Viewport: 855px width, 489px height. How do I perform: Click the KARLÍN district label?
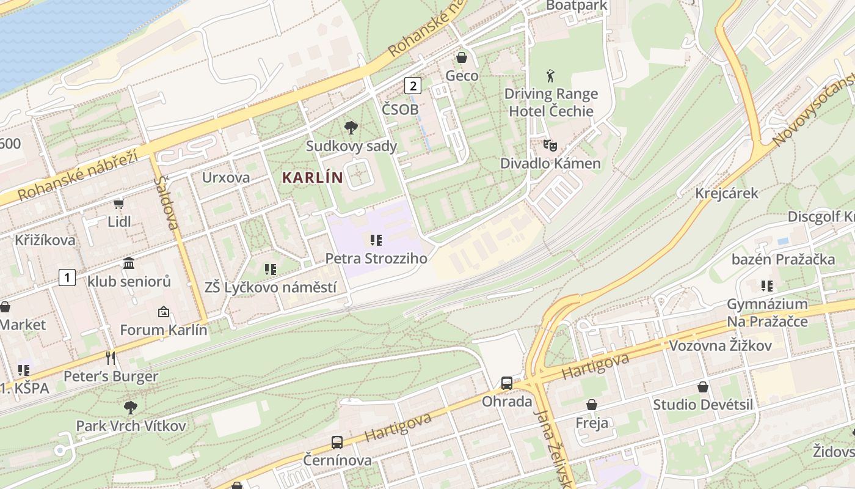coord(312,178)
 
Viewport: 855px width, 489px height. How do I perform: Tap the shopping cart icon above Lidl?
coord(118,204)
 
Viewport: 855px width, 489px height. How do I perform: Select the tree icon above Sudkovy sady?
coord(351,128)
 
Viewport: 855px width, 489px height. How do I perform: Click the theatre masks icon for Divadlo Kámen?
coord(550,145)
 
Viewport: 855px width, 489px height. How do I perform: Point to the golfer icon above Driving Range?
coord(551,76)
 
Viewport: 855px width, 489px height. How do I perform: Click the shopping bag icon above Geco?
coord(462,57)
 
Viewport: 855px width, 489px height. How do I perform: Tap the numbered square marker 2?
coord(413,86)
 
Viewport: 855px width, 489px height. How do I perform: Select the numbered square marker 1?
coord(67,278)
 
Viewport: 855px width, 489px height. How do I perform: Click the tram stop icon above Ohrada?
coord(507,383)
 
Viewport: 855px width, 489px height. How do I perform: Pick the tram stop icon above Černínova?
coord(337,442)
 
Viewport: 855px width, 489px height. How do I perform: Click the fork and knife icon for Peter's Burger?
coord(111,358)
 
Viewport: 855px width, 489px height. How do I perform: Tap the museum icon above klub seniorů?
coord(129,263)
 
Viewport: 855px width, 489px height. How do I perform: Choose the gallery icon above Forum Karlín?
coord(163,312)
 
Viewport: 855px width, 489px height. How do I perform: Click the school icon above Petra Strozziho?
coord(376,240)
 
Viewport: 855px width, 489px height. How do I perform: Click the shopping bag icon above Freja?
coord(591,405)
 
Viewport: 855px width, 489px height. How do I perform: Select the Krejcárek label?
coord(727,193)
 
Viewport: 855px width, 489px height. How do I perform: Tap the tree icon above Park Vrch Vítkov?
coord(130,407)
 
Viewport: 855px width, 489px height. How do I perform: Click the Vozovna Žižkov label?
coord(720,346)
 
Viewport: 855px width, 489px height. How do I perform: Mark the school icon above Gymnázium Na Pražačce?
coord(767,285)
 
